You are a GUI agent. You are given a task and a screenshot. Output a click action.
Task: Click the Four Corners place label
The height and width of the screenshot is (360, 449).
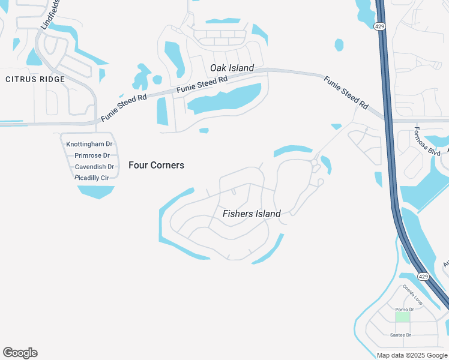pos(156,165)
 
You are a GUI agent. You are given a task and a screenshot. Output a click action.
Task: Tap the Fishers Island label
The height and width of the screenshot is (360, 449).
pos(252,214)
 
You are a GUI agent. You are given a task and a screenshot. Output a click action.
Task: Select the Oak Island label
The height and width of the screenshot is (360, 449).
pos(232,68)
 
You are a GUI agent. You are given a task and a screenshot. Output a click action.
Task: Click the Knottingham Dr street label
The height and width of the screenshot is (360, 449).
pos(89,144)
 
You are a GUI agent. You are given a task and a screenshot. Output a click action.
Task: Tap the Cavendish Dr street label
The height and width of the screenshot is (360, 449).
pos(94,166)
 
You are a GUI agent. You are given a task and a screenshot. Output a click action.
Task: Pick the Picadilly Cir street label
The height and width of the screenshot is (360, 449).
pos(92,178)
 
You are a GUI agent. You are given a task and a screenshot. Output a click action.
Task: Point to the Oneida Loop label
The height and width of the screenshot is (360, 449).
pos(413,294)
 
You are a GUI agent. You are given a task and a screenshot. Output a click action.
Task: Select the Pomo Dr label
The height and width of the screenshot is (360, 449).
pos(409,309)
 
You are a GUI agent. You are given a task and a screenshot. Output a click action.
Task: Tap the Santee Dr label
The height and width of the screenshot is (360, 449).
pos(400,335)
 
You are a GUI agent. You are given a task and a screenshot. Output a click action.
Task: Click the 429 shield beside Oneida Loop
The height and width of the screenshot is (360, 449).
pos(423,277)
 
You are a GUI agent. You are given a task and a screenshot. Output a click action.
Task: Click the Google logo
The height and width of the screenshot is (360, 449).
pos(20,353)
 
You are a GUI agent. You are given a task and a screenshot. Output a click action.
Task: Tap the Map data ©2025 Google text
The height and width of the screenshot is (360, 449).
pos(412,355)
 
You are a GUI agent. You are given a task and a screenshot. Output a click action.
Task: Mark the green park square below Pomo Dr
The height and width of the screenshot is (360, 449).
pos(402,316)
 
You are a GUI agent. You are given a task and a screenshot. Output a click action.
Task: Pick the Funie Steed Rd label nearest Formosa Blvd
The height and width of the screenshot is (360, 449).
pos(346,92)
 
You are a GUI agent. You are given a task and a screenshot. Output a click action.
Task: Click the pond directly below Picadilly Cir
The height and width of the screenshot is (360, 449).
pos(96,191)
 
